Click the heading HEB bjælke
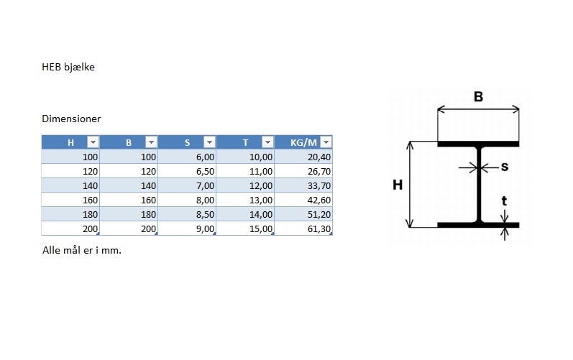click(x=68, y=67)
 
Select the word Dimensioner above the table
click(x=71, y=119)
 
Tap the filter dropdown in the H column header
click(x=93, y=142)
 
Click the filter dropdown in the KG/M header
click(x=326, y=142)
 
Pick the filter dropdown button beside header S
click(x=209, y=142)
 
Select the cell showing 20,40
click(x=303, y=157)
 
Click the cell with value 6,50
click(x=187, y=171)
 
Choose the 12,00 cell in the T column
click(x=245, y=185)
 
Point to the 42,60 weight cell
click(x=303, y=200)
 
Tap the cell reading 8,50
click(x=187, y=214)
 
